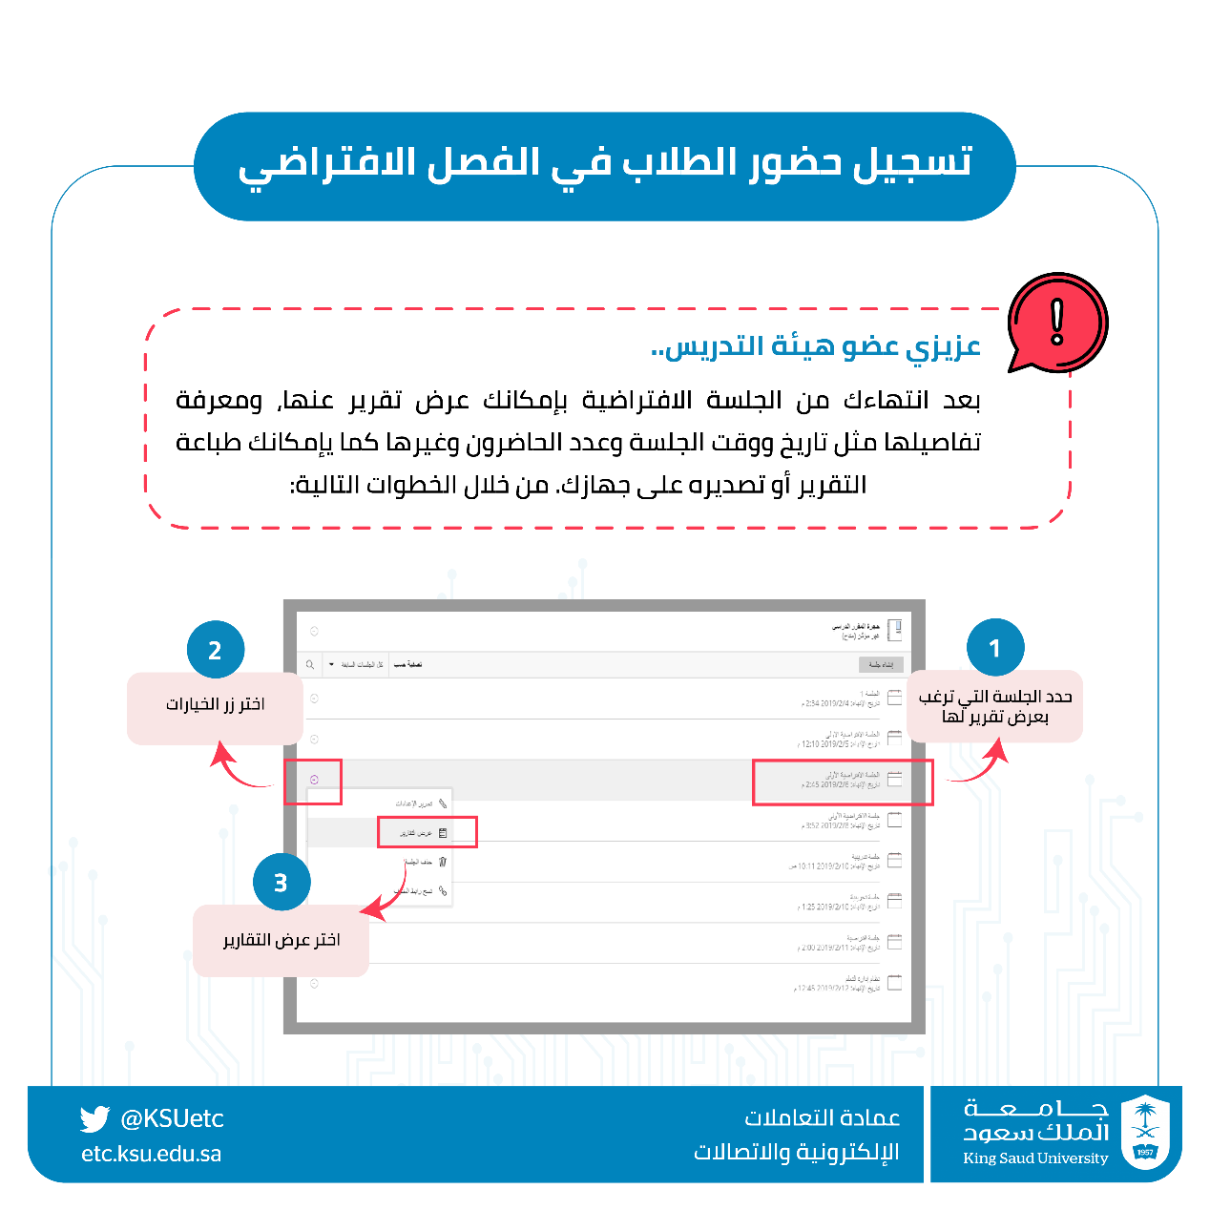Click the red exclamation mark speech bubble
tap(1056, 322)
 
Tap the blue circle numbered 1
tap(995, 648)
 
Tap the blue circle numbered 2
tap(216, 650)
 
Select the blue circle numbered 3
tap(282, 883)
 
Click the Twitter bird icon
tap(94, 1118)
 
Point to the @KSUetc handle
tap(172, 1118)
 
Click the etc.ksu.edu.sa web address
tap(151, 1154)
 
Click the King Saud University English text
tap(1035, 1158)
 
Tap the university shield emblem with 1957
tap(1145, 1133)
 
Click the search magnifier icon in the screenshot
tap(310, 664)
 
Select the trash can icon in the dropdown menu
tap(443, 862)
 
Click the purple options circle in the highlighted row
tap(314, 780)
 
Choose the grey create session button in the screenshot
tap(880, 664)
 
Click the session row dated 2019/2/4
tap(840, 699)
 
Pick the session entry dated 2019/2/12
tap(840, 984)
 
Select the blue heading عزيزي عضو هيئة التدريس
tap(816, 346)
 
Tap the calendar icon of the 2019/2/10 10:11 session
tap(894, 860)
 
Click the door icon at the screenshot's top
tap(894, 630)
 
